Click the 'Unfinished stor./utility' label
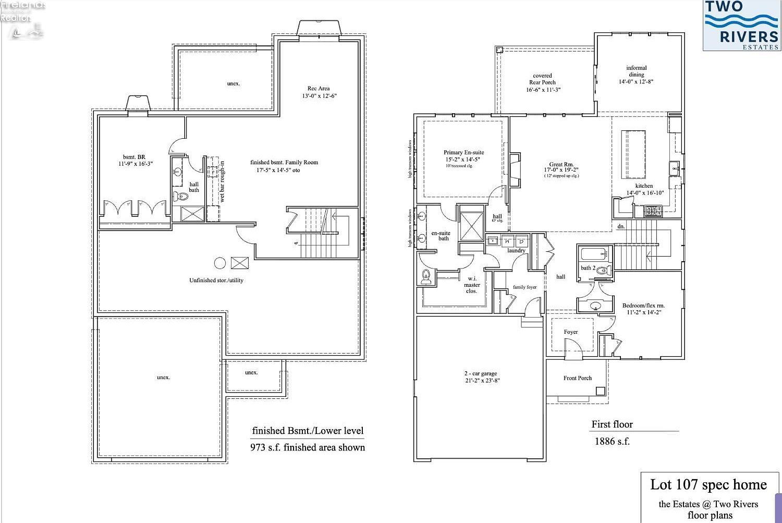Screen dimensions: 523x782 click(216, 281)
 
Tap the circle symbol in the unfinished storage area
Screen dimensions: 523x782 click(220, 263)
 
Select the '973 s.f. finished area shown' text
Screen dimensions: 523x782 click(308, 447)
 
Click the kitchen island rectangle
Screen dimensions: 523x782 click(633, 154)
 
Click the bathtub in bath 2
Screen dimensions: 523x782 click(593, 254)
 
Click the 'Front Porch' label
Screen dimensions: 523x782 click(577, 378)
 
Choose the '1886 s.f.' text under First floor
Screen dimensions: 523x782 click(612, 442)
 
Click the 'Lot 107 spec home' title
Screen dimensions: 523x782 click(708, 485)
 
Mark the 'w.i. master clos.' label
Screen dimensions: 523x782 click(472, 285)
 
